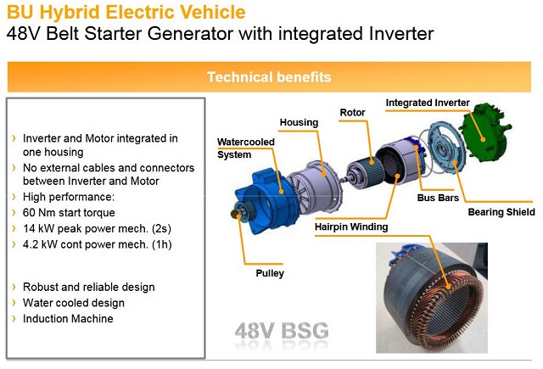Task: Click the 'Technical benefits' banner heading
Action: point(269,77)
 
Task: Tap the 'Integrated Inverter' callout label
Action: point(428,103)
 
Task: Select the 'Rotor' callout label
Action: point(352,113)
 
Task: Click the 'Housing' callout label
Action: point(299,122)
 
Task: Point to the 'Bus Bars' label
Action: point(438,198)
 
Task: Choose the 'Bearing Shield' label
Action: point(501,212)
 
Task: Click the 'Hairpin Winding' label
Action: point(351,226)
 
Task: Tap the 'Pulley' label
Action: point(270,273)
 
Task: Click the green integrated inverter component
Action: point(484,133)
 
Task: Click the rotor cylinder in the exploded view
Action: point(366,172)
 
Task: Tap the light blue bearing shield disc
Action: point(447,147)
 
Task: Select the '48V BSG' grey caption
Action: point(282,331)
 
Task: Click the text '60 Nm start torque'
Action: point(69,213)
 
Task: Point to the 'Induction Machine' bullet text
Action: point(68,318)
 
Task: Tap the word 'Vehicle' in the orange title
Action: point(219,12)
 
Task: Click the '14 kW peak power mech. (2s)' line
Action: point(97,228)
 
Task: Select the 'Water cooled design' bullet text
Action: point(74,303)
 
